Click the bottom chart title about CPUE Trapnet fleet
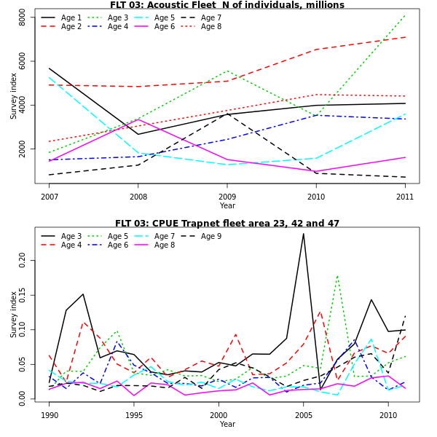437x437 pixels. pyautogui.click(x=227, y=224)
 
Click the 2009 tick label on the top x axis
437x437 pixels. pyautogui.click(x=227, y=197)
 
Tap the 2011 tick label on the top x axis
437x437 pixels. pyautogui.click(x=405, y=197)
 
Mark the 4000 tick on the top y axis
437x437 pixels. pyautogui.click(x=23, y=106)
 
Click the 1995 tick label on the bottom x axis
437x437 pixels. pyautogui.click(x=134, y=415)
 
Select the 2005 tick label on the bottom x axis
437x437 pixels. pyautogui.click(x=303, y=415)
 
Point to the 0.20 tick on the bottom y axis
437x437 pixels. pyautogui.click(x=23, y=260)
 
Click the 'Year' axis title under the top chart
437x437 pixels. pyautogui.click(x=227, y=206)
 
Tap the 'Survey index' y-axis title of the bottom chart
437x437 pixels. pyautogui.click(x=13, y=314)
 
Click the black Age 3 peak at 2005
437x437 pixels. pyautogui.click(x=303, y=233)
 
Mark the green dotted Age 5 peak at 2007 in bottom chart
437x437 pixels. pyautogui.click(x=337, y=275)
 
